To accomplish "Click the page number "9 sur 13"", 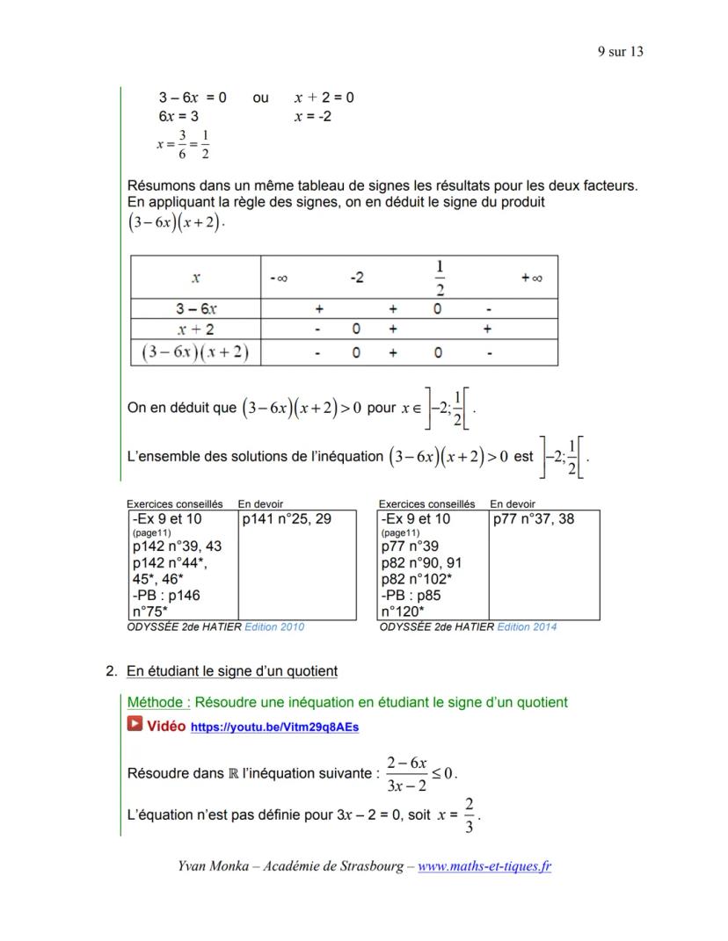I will point(620,52).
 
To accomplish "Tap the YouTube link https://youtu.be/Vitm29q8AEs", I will point(274,727).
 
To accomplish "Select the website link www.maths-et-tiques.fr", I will point(484,866).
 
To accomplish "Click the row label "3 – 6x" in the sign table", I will point(196,309).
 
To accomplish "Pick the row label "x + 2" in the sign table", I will point(196,329).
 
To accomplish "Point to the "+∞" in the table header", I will point(531,278).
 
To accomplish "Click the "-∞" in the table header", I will point(279,279).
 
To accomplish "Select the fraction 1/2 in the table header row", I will point(440,278).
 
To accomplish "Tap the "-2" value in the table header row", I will point(357,278).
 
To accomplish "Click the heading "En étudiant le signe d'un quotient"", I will point(232,671).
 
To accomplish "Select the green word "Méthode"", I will point(157,702).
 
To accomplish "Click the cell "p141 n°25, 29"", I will point(287,519).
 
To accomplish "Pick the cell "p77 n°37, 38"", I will point(534,519).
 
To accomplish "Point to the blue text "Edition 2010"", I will point(274,627).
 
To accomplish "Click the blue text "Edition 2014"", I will point(527,627).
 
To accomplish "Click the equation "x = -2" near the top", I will point(312,116).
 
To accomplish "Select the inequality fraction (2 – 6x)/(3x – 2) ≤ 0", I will point(422,773).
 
